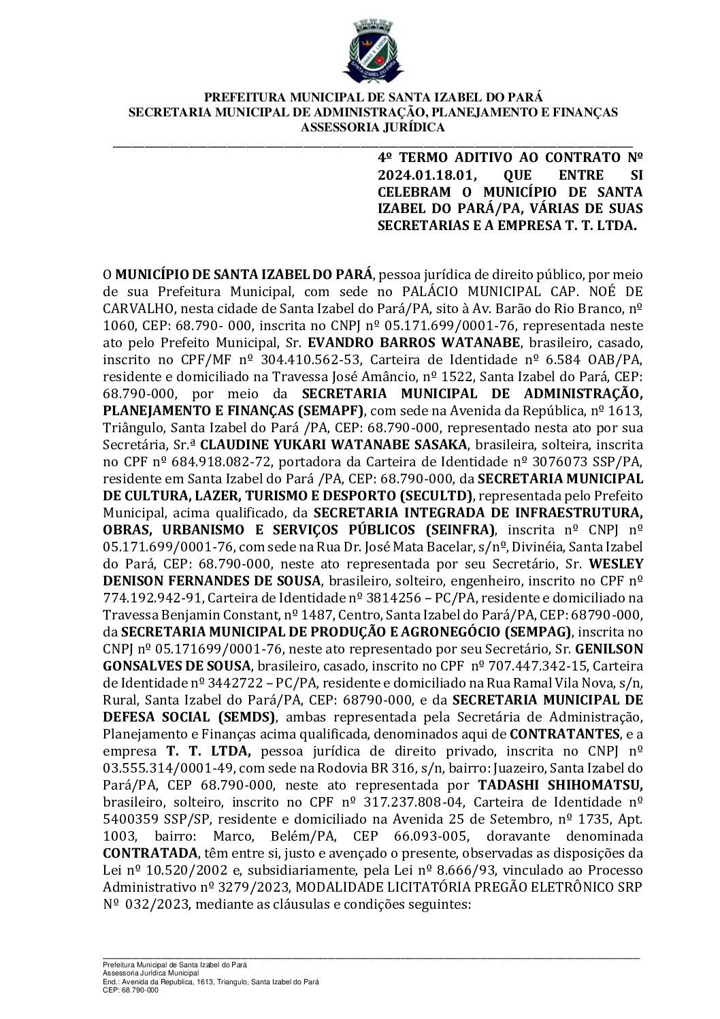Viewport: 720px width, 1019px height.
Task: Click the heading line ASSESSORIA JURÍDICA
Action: click(x=373, y=127)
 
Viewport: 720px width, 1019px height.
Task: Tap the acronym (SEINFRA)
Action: click(x=460, y=530)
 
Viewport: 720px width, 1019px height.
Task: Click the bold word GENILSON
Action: click(x=609, y=649)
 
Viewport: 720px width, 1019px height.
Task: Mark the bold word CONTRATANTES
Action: click(x=565, y=734)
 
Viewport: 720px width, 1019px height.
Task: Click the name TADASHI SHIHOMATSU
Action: click(x=560, y=785)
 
